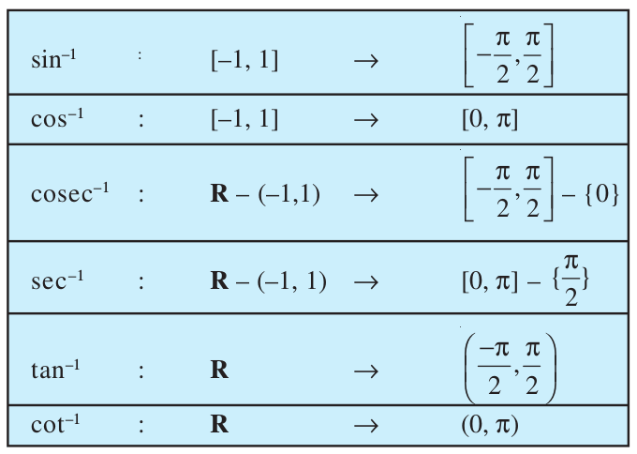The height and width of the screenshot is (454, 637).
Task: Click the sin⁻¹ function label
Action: click(x=53, y=59)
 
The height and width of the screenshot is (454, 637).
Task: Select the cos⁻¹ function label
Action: click(x=57, y=118)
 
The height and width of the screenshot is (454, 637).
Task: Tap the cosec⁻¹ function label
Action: click(x=70, y=192)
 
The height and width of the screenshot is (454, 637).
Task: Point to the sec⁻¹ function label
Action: click(x=57, y=280)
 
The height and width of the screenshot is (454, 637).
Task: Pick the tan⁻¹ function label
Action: click(x=55, y=370)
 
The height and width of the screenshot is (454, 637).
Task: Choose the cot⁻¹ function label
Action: click(x=55, y=424)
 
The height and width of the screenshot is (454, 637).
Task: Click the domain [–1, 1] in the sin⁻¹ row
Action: click(x=244, y=61)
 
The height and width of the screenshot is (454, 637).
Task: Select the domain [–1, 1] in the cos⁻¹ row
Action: click(x=244, y=120)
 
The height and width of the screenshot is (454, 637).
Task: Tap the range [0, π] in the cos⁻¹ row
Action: click(x=490, y=120)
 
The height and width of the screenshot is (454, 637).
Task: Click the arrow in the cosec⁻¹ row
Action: click(x=366, y=195)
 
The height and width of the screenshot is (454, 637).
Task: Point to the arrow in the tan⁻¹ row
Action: click(x=366, y=371)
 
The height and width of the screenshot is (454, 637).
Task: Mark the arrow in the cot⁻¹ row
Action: click(x=366, y=426)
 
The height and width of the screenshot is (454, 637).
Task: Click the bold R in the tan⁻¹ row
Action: click(x=219, y=370)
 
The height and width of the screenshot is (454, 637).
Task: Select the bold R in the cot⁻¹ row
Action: click(x=219, y=424)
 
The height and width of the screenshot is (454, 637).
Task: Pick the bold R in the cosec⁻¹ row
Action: click(x=219, y=193)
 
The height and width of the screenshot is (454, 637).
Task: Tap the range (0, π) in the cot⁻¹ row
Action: click(x=490, y=425)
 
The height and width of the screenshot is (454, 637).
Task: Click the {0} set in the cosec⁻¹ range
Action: click(x=602, y=194)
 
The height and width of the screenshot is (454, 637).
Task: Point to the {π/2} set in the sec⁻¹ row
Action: click(x=570, y=280)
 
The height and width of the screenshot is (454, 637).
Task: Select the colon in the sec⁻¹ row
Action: click(x=141, y=282)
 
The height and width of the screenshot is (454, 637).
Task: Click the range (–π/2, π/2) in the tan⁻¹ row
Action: click(x=510, y=369)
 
